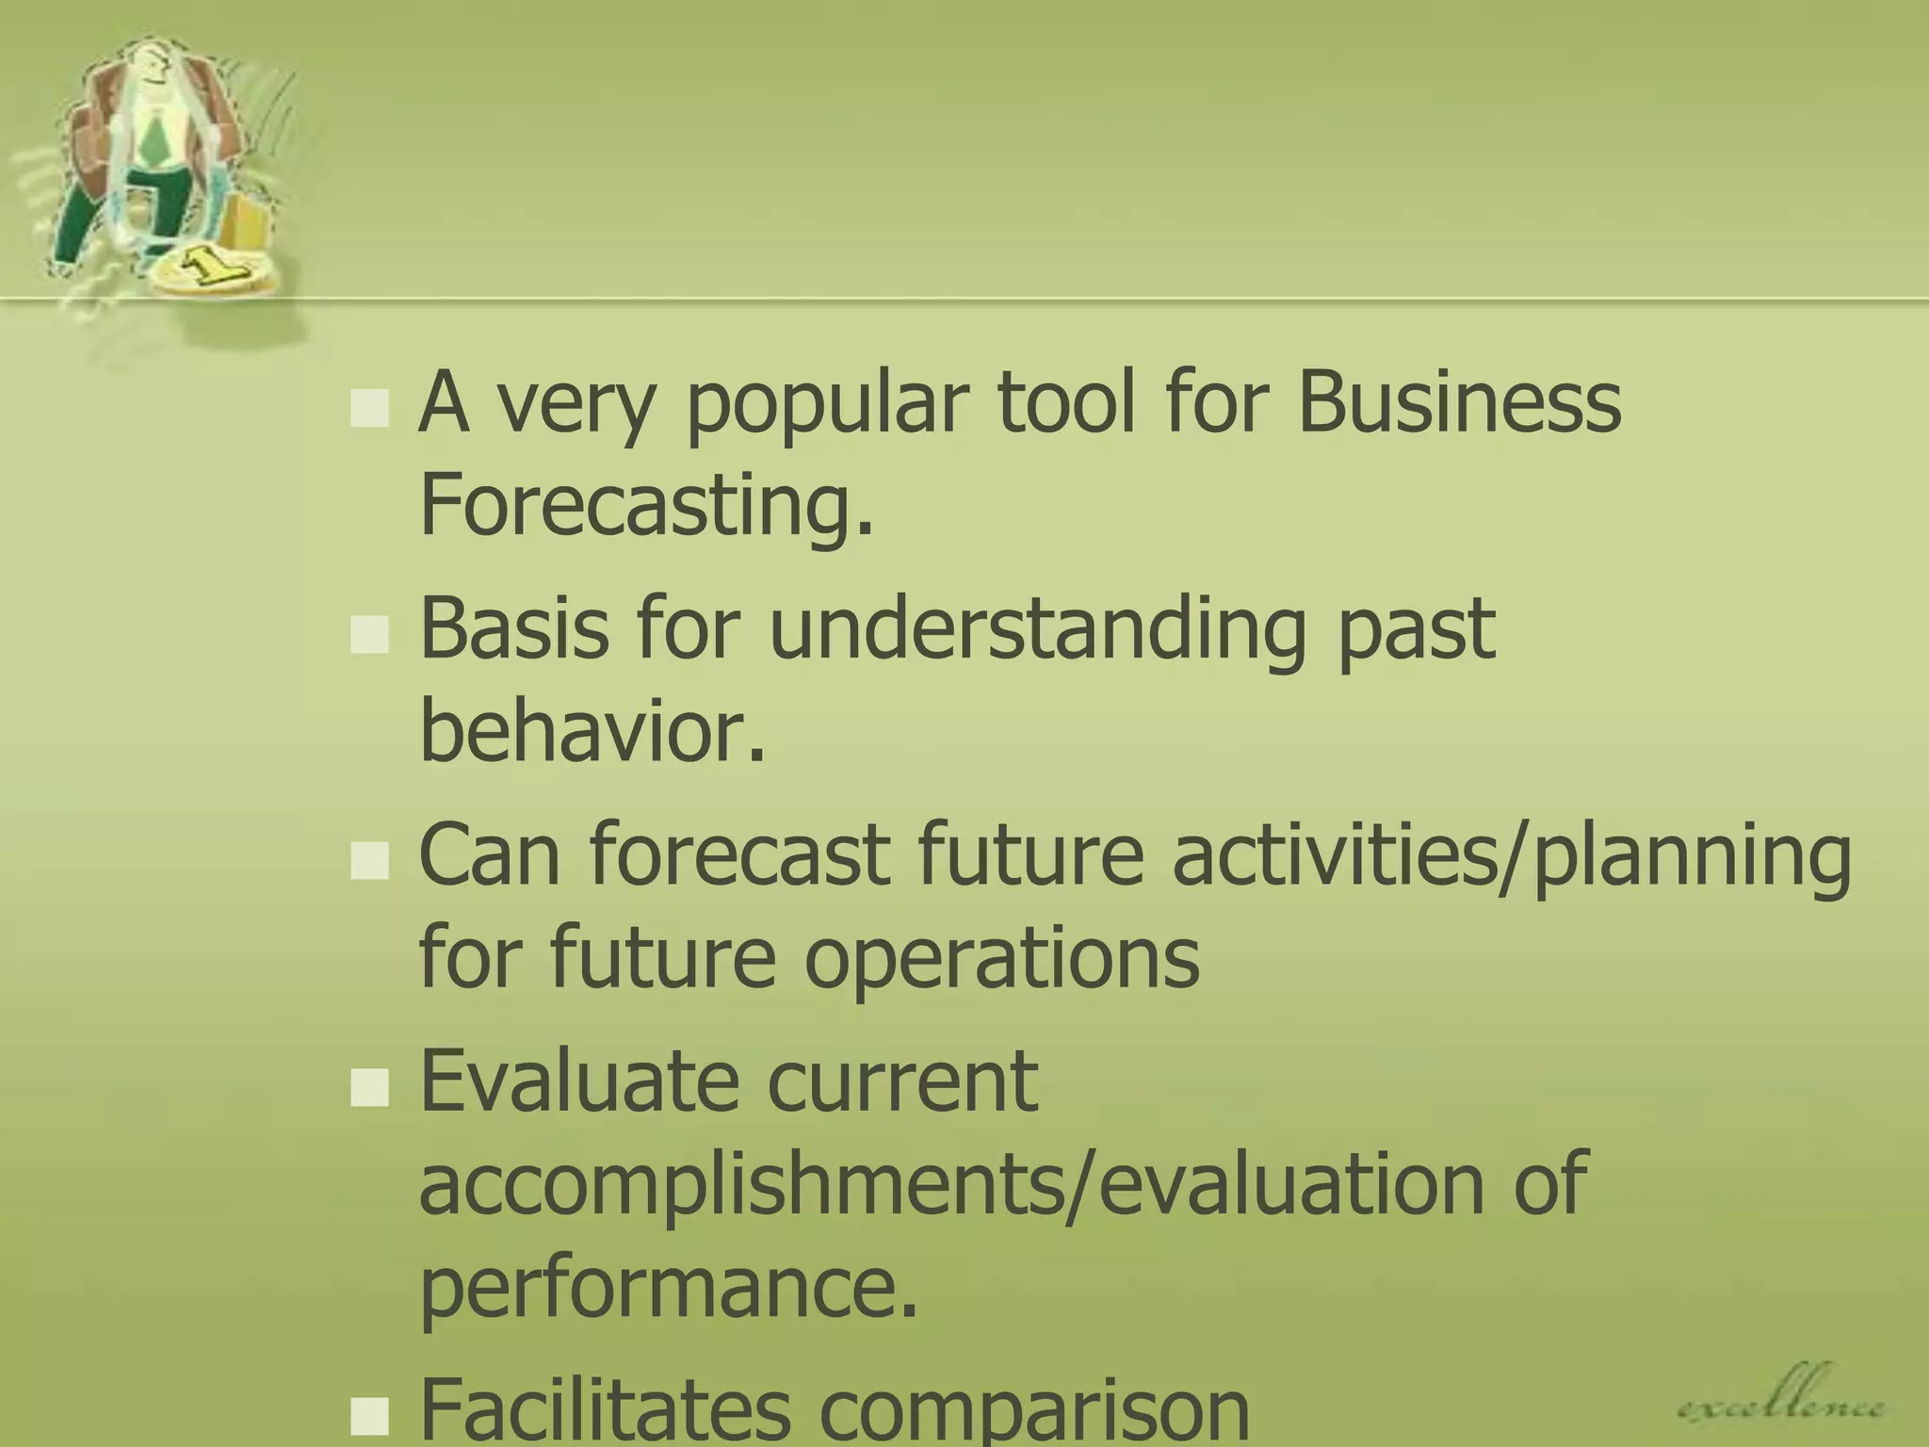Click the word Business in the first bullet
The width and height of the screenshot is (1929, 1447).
[x=1459, y=403]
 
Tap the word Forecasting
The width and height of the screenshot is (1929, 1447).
[x=646, y=505]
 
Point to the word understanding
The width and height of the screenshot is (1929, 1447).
[x=1037, y=629]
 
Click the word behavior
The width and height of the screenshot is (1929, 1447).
[x=592, y=731]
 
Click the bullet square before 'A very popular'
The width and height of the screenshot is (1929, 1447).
[x=369, y=409]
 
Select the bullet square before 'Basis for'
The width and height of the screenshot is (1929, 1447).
[x=369, y=635]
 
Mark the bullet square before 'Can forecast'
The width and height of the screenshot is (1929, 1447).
[x=369, y=860]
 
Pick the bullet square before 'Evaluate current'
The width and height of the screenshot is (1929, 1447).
[x=369, y=1087]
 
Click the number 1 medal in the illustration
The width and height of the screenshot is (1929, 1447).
[x=212, y=268]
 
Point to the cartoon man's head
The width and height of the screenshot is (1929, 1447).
[x=151, y=66]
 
